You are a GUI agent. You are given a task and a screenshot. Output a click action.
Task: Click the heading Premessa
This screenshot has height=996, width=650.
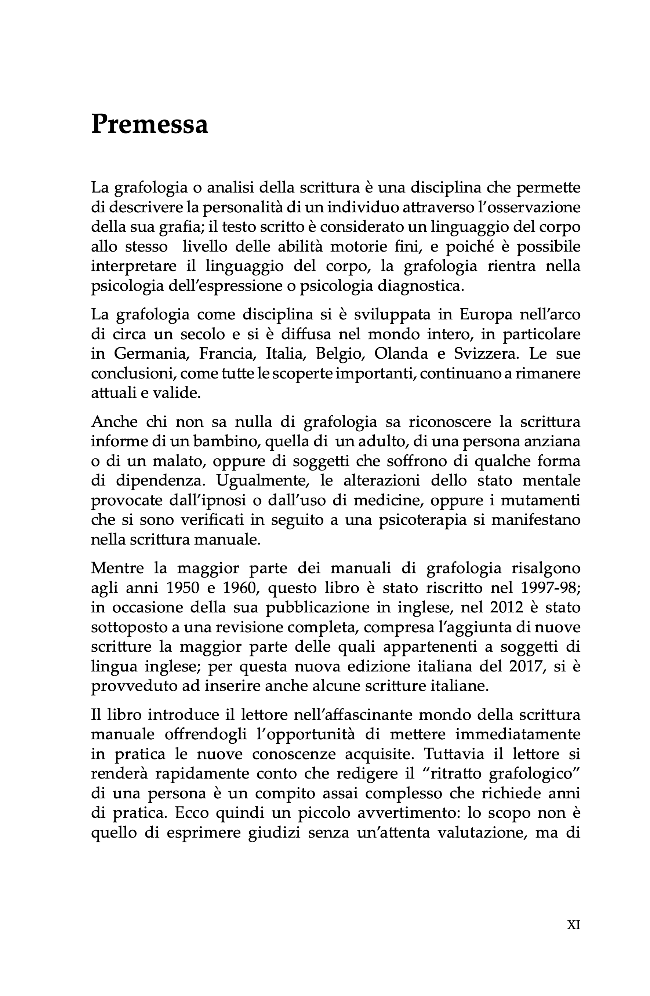click(x=149, y=124)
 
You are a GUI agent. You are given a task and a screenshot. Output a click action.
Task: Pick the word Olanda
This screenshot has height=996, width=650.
click(x=401, y=354)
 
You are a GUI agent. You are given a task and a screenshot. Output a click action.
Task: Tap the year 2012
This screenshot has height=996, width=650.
click(x=507, y=608)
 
